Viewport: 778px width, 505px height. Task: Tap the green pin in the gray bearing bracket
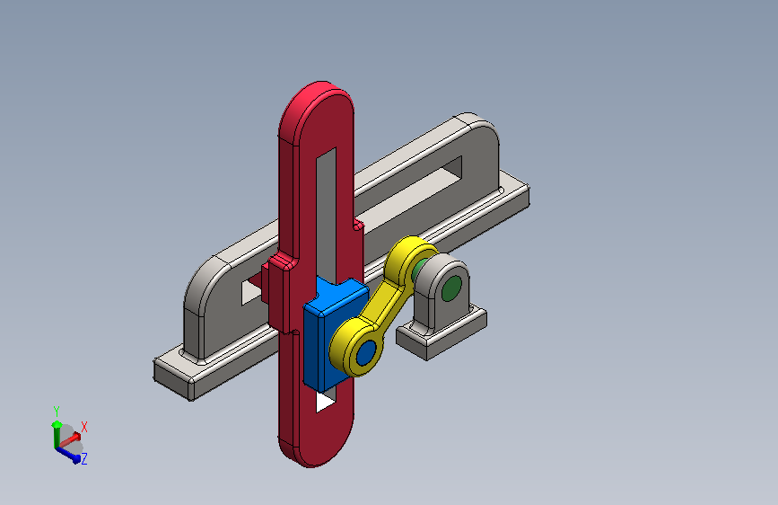pos(451,288)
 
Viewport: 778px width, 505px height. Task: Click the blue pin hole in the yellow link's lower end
pos(366,352)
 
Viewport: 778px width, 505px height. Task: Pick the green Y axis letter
pos(56,412)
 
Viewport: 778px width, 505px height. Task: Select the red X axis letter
pos(83,427)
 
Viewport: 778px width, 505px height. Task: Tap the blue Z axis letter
pos(83,458)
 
